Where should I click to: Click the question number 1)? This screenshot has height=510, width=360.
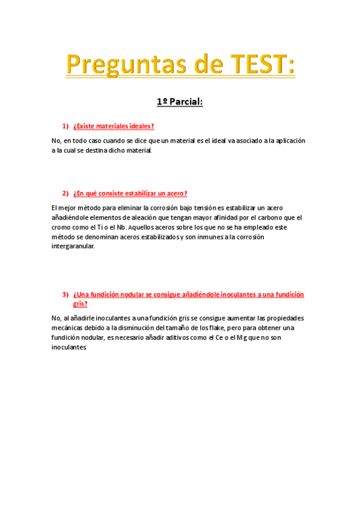click(66, 126)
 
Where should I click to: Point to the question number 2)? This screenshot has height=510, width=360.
click(66, 193)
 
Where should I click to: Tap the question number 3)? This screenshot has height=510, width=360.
click(66, 295)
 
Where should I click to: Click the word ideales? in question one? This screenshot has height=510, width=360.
click(140, 126)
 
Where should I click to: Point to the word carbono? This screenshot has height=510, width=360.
click(253, 217)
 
